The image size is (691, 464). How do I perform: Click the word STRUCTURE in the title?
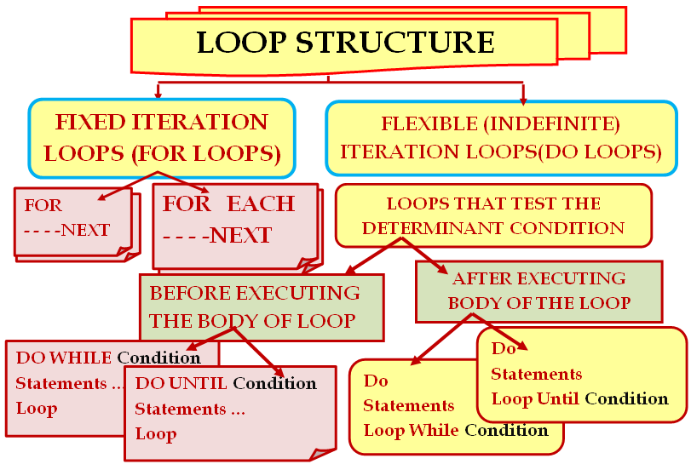pos(395,43)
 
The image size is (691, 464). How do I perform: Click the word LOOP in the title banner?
pos(241,43)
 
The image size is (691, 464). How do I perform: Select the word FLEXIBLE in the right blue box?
pos(429,123)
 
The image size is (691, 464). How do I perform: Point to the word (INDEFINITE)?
pos(552,124)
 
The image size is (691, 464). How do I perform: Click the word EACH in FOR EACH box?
pos(261,203)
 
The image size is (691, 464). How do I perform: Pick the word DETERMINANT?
pos(433,228)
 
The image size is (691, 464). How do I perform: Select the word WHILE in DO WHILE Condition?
pos(80,358)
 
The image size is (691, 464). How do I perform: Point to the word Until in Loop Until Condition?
pos(558,398)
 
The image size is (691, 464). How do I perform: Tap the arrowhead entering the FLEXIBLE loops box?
pos(523,100)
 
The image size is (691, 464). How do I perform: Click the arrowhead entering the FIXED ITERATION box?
pos(158,95)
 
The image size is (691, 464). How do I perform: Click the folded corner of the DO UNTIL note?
pos(323,454)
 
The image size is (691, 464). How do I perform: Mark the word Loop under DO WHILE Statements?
pos(37,409)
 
